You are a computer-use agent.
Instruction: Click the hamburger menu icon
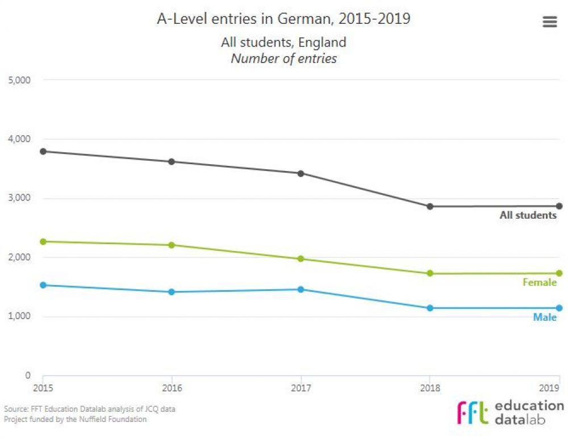pos(549,22)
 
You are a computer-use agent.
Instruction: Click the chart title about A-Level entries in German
pos(283,19)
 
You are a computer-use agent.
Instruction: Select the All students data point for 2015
pos(43,151)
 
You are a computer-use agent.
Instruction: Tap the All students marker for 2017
pos(301,173)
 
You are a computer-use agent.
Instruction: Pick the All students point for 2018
pos(430,206)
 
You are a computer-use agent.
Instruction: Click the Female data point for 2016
pos(172,245)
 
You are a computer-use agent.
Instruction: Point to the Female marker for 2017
pos(301,258)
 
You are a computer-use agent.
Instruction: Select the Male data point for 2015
pos(43,285)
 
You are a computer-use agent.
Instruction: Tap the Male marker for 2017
pos(301,289)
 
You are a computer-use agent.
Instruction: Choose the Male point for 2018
pos(430,308)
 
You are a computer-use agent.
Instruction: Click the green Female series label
pos(539,282)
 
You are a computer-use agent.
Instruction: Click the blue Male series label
pos(544,317)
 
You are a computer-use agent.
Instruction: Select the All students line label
pos(528,215)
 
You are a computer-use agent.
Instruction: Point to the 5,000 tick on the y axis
pos(19,80)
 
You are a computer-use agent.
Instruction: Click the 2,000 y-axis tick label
pos(19,257)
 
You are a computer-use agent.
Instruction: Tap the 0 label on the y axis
pos(27,375)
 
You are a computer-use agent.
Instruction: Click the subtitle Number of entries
pos(283,58)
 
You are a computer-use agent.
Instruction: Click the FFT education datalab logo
pos(510,413)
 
